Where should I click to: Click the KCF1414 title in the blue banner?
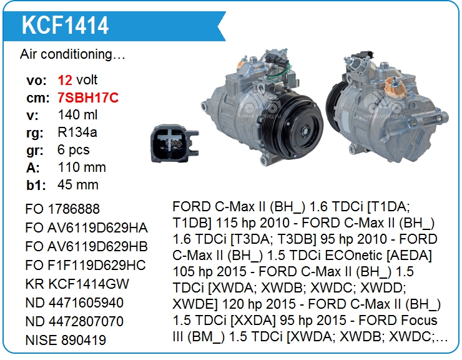pyautogui.click(x=65, y=26)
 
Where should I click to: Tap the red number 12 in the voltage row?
pyautogui.click(x=65, y=80)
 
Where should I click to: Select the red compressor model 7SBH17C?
pyautogui.click(x=88, y=97)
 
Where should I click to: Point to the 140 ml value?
pyautogui.click(x=77, y=115)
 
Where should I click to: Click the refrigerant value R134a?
pyautogui.click(x=77, y=132)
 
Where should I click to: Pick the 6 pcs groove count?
pyautogui.click(x=74, y=150)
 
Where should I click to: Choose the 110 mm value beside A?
pyautogui.click(x=82, y=167)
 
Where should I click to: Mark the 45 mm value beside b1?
pyautogui.click(x=78, y=185)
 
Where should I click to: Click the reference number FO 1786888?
pyautogui.click(x=62, y=209)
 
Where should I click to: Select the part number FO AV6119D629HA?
pyautogui.click(x=86, y=227)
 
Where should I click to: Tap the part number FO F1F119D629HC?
pyautogui.click(x=86, y=265)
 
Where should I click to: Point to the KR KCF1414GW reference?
pyautogui.click(x=77, y=284)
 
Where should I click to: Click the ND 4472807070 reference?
pyautogui.click(x=74, y=321)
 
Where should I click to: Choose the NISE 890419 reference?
pyautogui.click(x=66, y=340)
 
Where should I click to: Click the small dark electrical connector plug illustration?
pyautogui.click(x=174, y=143)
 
